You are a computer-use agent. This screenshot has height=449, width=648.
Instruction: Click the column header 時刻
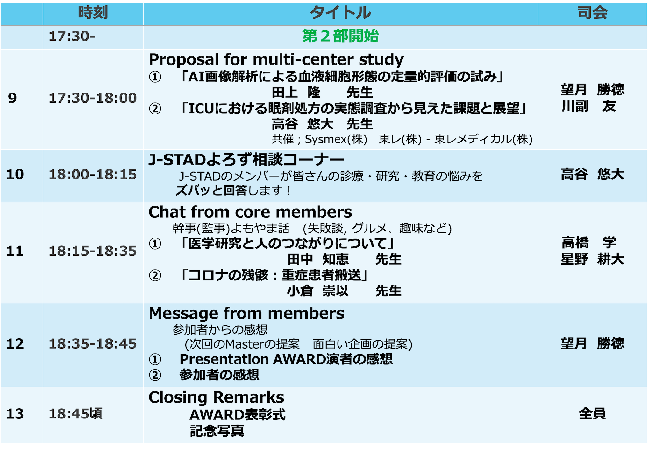coord(93,13)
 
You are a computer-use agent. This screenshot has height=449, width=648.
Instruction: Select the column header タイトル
coord(340,13)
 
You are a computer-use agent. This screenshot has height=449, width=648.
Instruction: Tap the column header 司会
coord(592,13)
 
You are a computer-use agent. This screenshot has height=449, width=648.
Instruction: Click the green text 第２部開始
coord(340,36)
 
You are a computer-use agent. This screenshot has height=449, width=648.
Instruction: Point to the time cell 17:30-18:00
coord(93,98)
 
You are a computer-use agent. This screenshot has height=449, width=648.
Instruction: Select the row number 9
coord(12,98)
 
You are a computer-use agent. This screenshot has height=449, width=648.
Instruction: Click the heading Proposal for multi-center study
coord(276,59)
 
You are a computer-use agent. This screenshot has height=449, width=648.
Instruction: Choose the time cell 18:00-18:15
coord(93,174)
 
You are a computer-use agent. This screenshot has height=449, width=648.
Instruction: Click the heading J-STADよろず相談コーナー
coord(246,160)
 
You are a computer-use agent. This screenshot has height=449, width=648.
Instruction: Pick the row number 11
coord(15,251)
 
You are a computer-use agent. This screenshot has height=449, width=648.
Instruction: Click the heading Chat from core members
coord(250,212)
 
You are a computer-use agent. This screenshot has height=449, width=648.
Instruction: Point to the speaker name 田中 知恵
coord(318,259)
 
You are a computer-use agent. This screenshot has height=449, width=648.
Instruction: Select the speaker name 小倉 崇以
coord(318,291)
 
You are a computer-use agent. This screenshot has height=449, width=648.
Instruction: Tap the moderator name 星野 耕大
coord(593,259)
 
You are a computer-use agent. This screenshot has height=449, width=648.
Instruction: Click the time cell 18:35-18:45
coord(93,344)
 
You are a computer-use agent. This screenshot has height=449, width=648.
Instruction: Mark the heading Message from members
coord(246,314)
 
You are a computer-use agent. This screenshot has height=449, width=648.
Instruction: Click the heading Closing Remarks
coord(217,397)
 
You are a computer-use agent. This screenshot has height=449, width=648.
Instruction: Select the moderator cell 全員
coord(592,414)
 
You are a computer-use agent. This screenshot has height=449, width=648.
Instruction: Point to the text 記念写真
coord(217,431)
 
